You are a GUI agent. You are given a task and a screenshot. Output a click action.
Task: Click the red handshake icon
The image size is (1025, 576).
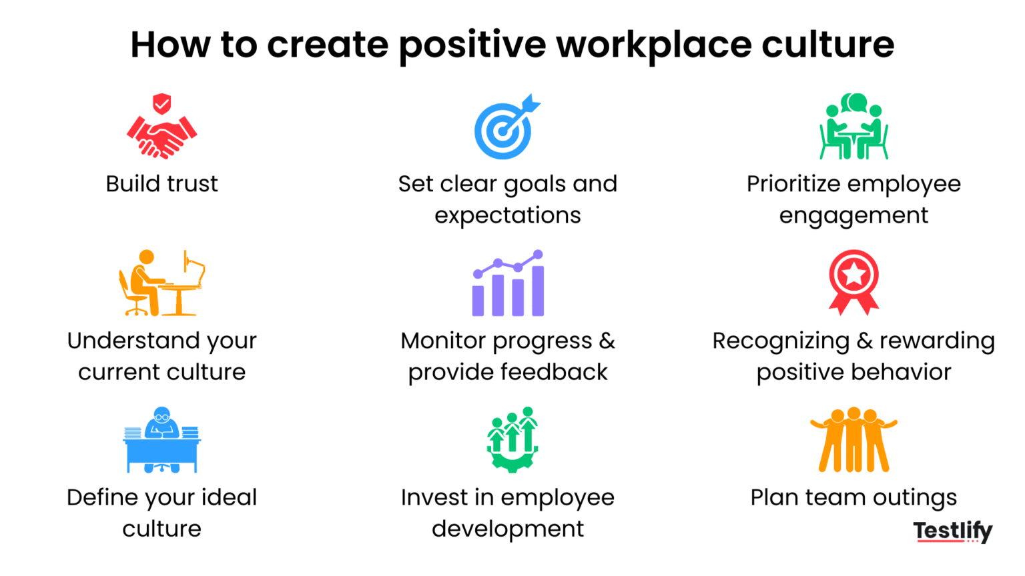tap(161, 137)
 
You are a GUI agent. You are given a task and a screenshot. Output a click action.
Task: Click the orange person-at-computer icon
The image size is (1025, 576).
tap(161, 283)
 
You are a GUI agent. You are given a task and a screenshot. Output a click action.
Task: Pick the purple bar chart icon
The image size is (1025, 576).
tap(508, 285)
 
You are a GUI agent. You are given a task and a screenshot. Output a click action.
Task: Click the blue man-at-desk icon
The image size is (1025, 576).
tap(161, 440)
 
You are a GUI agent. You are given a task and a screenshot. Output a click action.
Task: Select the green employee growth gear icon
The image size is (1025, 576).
tap(512, 440)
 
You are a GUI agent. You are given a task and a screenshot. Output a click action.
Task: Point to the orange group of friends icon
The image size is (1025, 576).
tap(853, 440)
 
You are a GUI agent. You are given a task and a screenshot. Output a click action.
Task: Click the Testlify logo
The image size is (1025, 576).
tap(952, 531)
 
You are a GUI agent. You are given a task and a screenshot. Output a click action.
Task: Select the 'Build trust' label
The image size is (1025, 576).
tap(161, 184)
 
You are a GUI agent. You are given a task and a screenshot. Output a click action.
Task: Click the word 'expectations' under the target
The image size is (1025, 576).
tap(507, 215)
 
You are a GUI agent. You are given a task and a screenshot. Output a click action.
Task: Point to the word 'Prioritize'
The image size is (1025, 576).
tap(792, 184)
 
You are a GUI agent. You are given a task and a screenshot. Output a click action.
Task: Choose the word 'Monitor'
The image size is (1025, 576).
tap(443, 341)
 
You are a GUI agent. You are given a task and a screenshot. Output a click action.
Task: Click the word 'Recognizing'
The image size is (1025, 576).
tap(780, 341)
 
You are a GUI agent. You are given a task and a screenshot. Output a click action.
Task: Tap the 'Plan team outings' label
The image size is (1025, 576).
tap(853, 497)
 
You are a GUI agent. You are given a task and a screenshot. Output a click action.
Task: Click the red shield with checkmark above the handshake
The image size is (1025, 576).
tap(161, 104)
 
